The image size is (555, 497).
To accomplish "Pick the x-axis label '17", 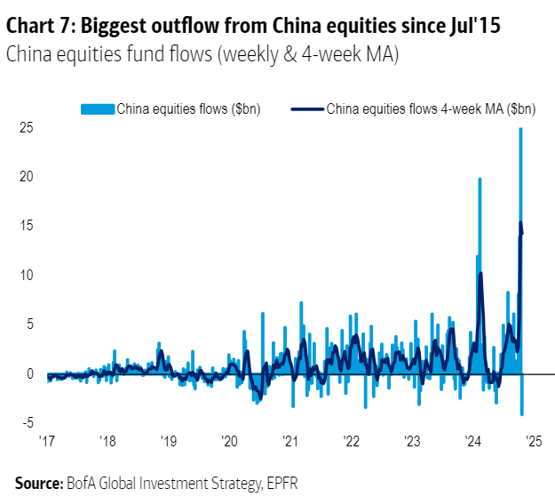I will [47, 441].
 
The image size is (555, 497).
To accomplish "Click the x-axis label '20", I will [228, 441].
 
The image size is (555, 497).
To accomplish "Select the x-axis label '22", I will [350, 441].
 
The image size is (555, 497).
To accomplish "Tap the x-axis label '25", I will [532, 441].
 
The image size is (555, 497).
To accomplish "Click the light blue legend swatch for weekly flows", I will [98, 109].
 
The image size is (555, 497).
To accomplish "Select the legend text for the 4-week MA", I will [431, 109].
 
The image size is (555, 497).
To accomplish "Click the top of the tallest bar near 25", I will [520, 130].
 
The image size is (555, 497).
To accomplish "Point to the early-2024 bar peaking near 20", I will [480, 180].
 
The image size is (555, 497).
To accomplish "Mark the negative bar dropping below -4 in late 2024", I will [522, 413].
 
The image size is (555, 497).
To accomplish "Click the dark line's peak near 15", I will [520, 222].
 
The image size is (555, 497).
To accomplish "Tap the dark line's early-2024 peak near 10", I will [480, 274].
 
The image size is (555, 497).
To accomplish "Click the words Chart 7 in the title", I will [42, 26].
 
